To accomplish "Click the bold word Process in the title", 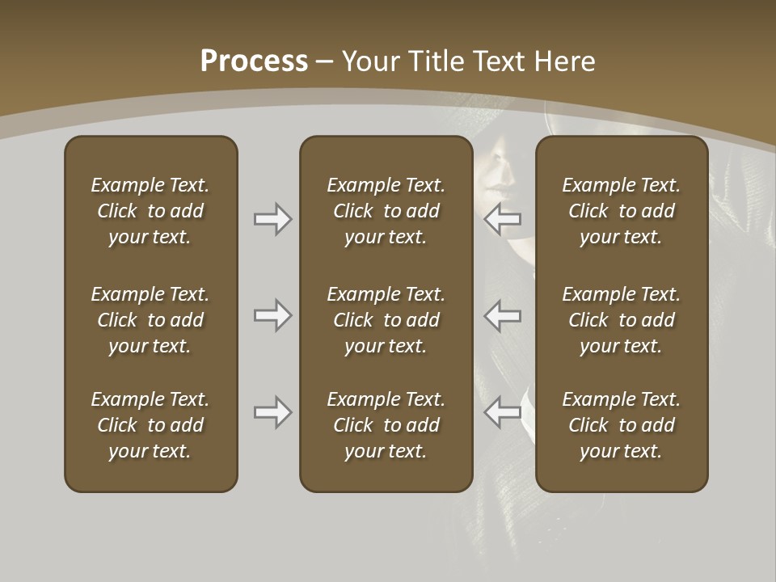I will (254, 61).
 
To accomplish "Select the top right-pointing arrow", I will (272, 219).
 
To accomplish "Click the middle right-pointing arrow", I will (272, 315).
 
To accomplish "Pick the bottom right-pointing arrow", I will (272, 412).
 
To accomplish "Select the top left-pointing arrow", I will (502, 219).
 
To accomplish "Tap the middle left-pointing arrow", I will (502, 315).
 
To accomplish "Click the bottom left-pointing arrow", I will (502, 412).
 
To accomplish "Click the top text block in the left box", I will (150, 211).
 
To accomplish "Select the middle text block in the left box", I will (150, 320).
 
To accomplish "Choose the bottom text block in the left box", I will (150, 425).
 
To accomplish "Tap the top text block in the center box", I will (386, 211).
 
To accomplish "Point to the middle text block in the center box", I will (386, 320).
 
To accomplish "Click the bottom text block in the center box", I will (386, 425).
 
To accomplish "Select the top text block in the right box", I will (621, 211).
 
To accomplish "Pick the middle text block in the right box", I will (621, 320).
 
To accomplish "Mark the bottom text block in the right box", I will (621, 425).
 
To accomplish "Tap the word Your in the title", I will (372, 61).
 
